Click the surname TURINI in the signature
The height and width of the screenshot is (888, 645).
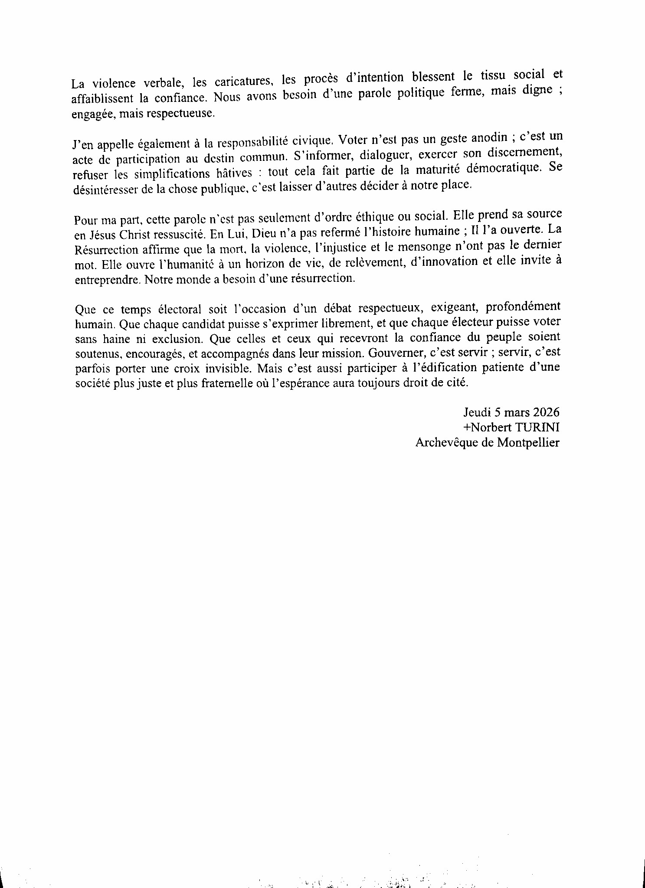tap(537, 427)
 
